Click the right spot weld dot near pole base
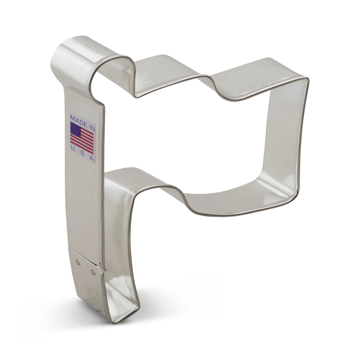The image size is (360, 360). pos(93,271)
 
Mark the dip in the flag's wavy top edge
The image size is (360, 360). pos(205,85)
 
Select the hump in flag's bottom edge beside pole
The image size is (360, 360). pos(130,173)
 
